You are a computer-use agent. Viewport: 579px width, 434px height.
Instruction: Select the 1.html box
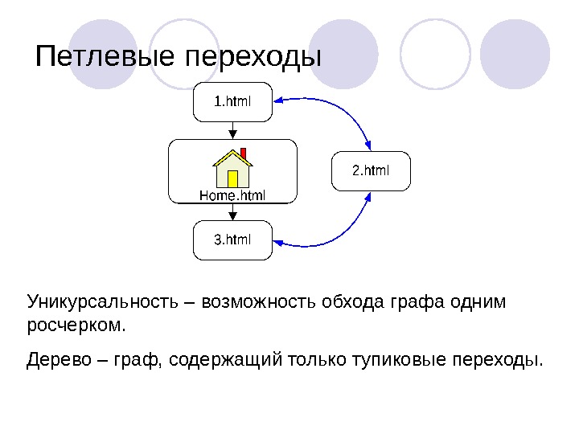[x=232, y=102]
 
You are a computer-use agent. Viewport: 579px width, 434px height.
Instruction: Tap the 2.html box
[x=371, y=171]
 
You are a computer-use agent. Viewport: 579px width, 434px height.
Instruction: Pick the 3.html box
[x=232, y=240]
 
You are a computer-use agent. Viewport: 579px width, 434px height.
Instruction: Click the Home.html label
[x=232, y=195]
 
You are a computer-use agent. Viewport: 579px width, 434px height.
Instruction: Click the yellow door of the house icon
[x=232, y=178]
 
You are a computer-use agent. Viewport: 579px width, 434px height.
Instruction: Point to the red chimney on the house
[x=243, y=153]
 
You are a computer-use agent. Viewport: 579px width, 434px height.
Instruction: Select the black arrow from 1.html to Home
[x=232, y=129]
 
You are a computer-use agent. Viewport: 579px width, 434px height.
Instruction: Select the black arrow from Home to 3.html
[x=232, y=212]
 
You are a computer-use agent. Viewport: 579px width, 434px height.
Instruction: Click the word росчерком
[x=76, y=327]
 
